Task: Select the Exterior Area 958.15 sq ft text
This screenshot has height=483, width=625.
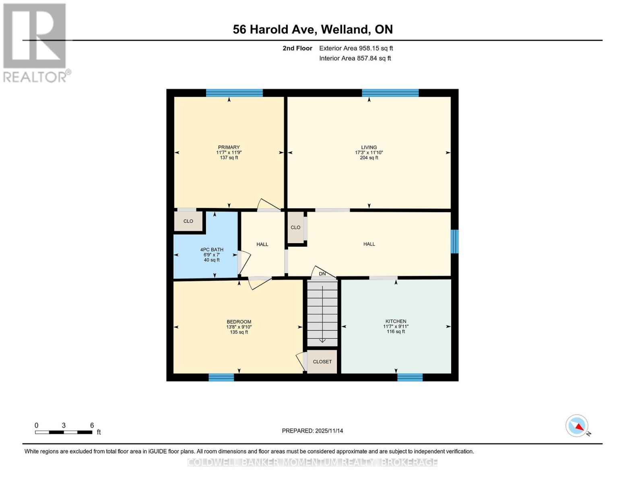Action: (356, 48)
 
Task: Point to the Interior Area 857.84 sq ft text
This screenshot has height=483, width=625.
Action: (355, 58)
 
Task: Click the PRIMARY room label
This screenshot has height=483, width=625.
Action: (229, 147)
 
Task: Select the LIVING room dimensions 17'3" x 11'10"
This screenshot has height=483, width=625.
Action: (369, 153)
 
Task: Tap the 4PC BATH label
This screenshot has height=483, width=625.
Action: (212, 250)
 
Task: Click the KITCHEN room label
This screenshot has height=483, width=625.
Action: (396, 321)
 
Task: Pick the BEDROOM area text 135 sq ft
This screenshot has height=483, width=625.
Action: (239, 332)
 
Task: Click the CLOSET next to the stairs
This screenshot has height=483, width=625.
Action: (322, 361)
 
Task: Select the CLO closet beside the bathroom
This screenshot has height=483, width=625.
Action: (188, 221)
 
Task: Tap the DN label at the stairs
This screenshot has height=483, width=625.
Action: (322, 274)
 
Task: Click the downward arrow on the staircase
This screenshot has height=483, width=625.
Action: (322, 341)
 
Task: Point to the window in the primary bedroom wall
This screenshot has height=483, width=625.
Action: (234, 93)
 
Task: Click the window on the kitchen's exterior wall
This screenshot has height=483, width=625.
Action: (410, 377)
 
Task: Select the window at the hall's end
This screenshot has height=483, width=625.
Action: (454, 242)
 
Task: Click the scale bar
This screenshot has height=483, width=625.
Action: (64, 432)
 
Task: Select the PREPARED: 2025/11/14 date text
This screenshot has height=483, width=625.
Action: (312, 431)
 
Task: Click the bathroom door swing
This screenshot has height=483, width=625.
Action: (244, 263)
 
